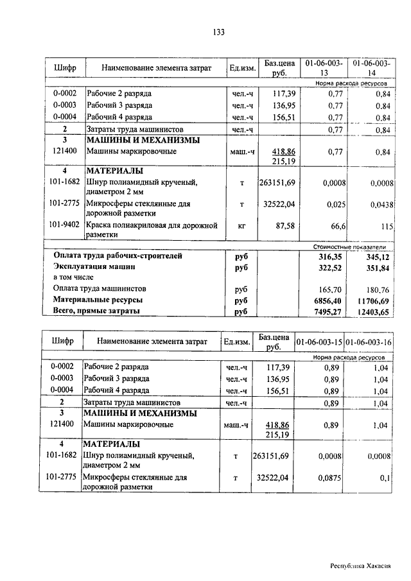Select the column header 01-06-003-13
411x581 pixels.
point(324,68)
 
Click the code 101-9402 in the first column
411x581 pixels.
point(65,225)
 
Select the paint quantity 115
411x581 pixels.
point(385,226)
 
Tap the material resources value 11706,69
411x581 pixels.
point(372,300)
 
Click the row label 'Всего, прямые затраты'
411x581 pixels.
point(96,311)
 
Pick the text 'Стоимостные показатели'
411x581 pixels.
point(349,247)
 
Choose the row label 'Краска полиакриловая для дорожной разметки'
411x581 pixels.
point(151,230)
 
